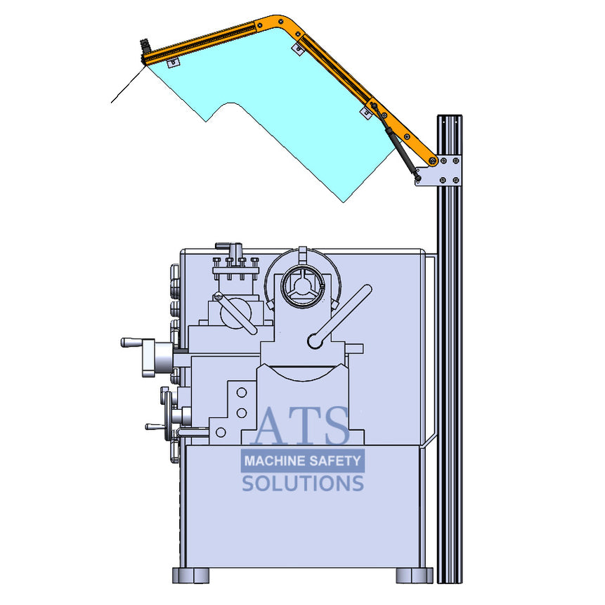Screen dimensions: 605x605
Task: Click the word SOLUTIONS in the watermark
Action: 303,483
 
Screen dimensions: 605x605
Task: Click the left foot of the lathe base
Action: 190,575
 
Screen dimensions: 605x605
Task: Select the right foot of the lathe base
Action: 414,575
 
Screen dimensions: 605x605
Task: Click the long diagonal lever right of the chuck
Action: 340,316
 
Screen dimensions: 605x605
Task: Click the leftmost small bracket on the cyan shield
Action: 171,63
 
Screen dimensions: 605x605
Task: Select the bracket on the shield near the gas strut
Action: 365,112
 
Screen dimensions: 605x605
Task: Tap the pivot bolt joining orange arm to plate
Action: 433,162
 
